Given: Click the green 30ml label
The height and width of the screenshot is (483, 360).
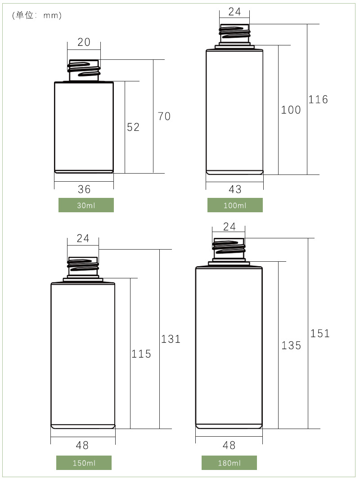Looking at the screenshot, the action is click(x=86, y=205).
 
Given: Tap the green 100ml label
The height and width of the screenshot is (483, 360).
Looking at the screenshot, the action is click(x=235, y=205).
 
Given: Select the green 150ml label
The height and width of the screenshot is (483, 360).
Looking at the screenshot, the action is click(x=84, y=463).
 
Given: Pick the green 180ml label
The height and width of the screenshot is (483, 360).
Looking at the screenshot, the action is click(x=229, y=463).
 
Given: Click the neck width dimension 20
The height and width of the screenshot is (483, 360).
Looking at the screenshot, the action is click(x=84, y=42).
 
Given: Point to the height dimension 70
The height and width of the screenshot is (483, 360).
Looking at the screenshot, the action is click(x=164, y=116).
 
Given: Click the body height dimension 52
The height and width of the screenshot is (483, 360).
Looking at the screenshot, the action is click(x=133, y=127).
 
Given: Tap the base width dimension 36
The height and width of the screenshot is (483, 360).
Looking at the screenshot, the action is click(x=84, y=189).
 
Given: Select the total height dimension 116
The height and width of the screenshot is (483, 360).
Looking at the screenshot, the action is click(x=318, y=99).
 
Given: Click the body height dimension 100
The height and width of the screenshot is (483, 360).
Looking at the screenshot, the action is click(x=291, y=110).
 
